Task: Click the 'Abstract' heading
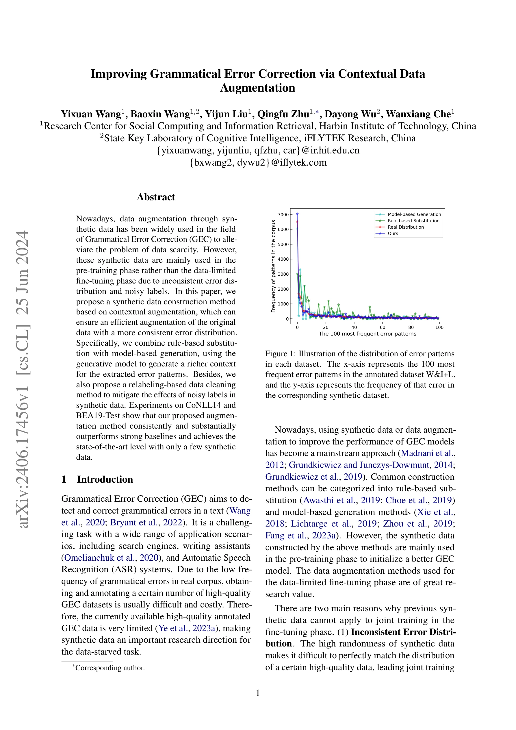[x=156, y=197]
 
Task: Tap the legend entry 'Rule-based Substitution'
[x=413, y=221]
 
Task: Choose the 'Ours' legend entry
[x=393, y=234]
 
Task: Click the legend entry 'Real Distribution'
[x=406, y=227]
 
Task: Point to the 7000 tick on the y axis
[x=283, y=215]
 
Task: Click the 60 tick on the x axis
[x=383, y=327]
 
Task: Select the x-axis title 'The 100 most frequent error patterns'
[x=367, y=334]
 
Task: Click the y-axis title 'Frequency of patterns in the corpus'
[x=273, y=266]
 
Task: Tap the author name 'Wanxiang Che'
[x=418, y=114]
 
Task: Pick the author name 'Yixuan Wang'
[x=91, y=114]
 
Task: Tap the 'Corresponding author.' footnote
[x=110, y=668]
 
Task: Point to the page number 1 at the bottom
[x=258, y=693]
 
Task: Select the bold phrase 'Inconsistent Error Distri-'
[x=403, y=632]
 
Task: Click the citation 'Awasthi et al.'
[x=329, y=500]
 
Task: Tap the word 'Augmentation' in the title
[x=257, y=88]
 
